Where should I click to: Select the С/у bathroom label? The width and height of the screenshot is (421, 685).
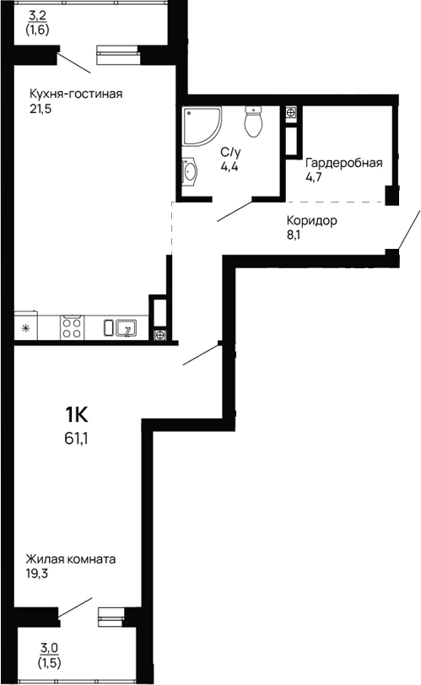(x=231, y=152)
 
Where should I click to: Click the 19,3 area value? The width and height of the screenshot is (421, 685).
(x=38, y=574)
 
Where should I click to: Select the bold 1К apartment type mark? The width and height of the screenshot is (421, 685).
(x=77, y=414)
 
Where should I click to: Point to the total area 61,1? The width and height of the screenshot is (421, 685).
(x=76, y=438)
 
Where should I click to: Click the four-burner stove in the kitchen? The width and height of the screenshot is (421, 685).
(x=72, y=326)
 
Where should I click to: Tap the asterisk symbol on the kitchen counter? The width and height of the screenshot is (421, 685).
(x=25, y=327)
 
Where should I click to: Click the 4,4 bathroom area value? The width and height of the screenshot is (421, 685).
(x=229, y=167)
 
